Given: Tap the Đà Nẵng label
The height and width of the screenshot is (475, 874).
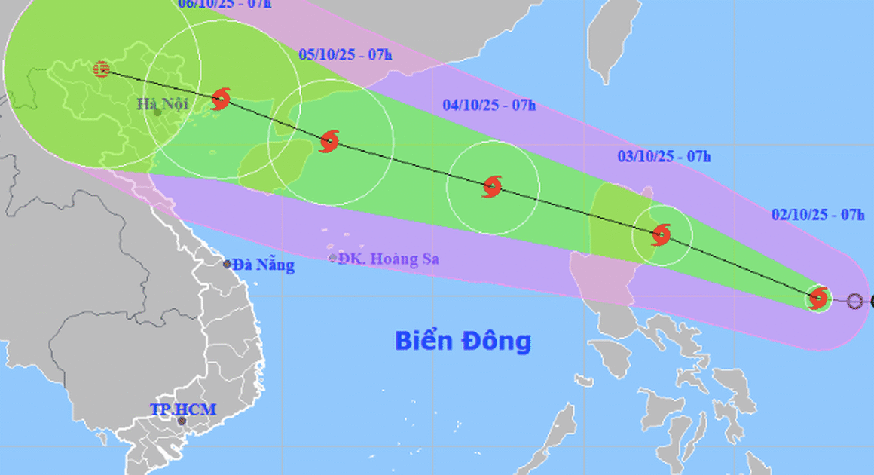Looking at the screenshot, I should (263, 265).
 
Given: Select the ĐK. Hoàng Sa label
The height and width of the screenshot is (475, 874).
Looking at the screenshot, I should (389, 259).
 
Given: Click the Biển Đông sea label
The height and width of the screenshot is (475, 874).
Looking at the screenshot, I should (463, 341).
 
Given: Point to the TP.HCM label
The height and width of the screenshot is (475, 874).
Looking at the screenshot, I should (183, 410).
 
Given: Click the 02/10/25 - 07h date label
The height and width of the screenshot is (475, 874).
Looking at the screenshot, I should (818, 215).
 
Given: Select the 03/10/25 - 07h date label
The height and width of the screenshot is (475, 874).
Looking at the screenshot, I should (664, 157).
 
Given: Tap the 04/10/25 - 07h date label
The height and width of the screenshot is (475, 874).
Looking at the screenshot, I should (489, 106).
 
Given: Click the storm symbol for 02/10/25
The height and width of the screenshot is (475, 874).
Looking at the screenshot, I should (818, 299).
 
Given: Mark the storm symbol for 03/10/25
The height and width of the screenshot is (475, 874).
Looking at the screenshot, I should (661, 234).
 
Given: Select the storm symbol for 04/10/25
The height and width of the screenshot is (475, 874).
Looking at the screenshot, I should (491, 186).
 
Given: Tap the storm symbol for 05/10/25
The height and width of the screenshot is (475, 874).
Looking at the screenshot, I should (329, 141).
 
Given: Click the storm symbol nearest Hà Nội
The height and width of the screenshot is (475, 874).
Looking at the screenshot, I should (221, 99).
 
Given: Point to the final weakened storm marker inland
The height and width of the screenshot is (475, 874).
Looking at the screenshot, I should (101, 69).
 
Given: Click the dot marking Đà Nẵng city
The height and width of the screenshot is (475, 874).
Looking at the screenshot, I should (227, 264).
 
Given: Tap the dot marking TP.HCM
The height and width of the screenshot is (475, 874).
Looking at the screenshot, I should (181, 421).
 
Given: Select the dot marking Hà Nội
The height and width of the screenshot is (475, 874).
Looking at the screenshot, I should (157, 112).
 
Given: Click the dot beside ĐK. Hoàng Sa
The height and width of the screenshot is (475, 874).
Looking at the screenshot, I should (333, 259).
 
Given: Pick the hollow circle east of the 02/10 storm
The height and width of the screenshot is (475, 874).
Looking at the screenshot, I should (854, 302).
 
